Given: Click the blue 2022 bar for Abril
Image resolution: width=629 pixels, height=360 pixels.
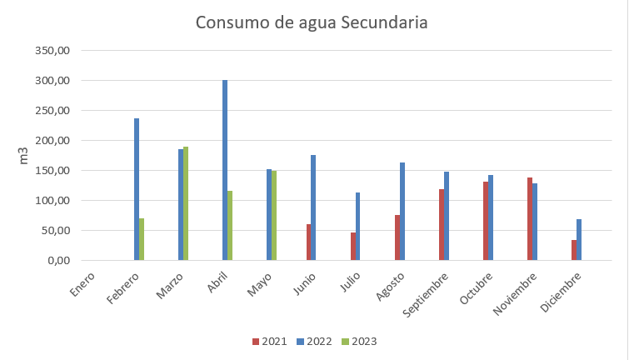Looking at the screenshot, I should (225, 170).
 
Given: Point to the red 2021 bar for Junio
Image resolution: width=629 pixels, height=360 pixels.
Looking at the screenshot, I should (308, 242).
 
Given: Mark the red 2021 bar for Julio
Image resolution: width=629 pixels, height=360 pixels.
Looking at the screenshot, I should (352, 246).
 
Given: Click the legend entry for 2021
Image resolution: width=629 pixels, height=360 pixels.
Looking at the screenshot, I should (268, 341).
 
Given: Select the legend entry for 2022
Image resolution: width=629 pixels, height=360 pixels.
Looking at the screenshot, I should (313, 341).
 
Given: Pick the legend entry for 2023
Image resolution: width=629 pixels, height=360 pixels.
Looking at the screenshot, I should (359, 341).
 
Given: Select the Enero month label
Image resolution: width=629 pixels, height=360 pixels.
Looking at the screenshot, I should (83, 278).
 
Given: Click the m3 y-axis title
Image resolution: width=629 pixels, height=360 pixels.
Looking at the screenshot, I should (23, 156).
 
